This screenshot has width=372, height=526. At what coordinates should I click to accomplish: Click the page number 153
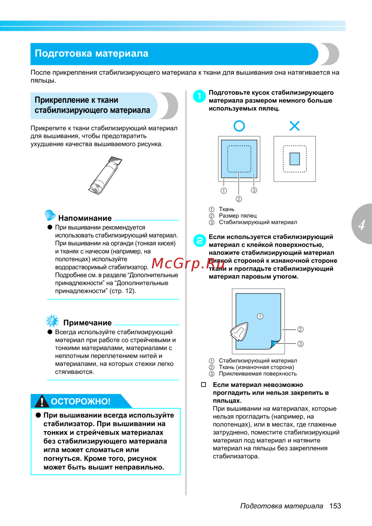point(335,506)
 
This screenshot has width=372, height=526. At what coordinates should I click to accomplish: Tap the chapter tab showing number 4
point(362,224)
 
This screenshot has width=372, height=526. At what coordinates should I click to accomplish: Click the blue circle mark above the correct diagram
point(239,126)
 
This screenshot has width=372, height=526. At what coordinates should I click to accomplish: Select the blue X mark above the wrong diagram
point(295,126)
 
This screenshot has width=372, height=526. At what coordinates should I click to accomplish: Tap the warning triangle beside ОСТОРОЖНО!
point(42,401)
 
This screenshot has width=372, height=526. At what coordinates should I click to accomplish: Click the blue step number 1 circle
point(199,96)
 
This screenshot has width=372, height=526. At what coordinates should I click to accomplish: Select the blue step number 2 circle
point(199,240)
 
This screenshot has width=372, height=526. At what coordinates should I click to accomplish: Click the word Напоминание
point(85,218)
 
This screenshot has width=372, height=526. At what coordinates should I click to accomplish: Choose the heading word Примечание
point(87,323)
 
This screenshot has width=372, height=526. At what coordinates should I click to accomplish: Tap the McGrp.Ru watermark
point(188,264)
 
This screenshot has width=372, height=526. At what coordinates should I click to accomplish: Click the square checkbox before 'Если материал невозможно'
point(203,385)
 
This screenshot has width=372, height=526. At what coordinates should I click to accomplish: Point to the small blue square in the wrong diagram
point(295,159)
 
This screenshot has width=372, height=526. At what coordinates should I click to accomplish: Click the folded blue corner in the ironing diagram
point(275,344)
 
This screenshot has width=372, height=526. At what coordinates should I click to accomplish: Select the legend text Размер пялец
point(238,216)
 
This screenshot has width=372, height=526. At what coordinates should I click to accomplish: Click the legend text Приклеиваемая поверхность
point(258,373)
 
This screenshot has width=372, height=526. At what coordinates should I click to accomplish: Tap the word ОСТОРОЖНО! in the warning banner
point(81,401)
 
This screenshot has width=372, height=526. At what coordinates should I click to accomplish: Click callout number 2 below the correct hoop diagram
point(239,199)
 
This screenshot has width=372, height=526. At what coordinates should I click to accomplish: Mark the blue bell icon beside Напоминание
point(50,215)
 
